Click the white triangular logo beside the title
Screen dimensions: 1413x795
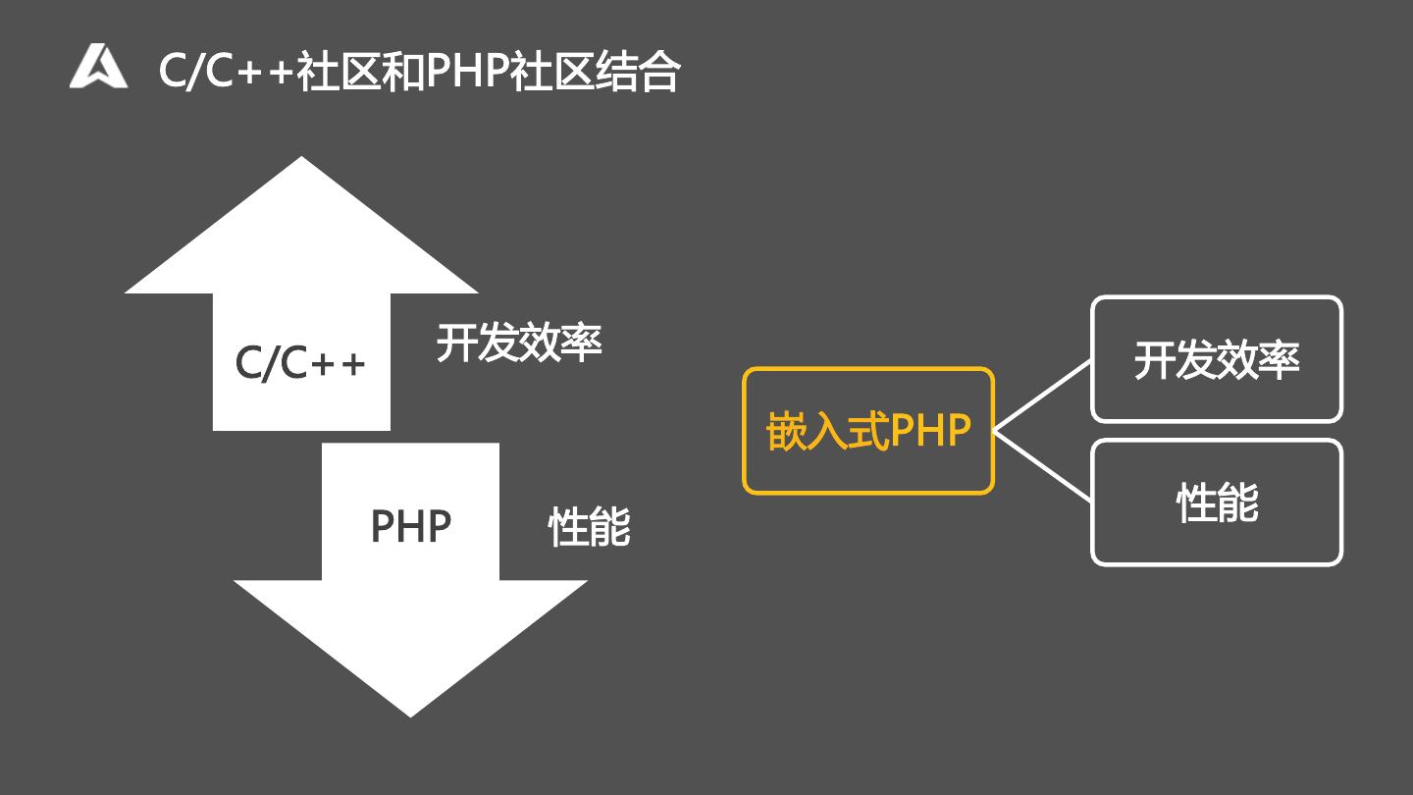98,67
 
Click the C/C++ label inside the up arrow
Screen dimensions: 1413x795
300,362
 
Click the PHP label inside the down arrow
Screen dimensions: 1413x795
410,527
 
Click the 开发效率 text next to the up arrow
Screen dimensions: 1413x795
518,343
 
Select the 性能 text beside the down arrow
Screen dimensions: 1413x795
589,527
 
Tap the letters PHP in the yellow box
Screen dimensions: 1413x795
930,431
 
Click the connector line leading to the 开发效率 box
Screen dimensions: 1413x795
1043,396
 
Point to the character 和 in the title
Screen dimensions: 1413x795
402,71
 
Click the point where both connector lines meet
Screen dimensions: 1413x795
995,430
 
